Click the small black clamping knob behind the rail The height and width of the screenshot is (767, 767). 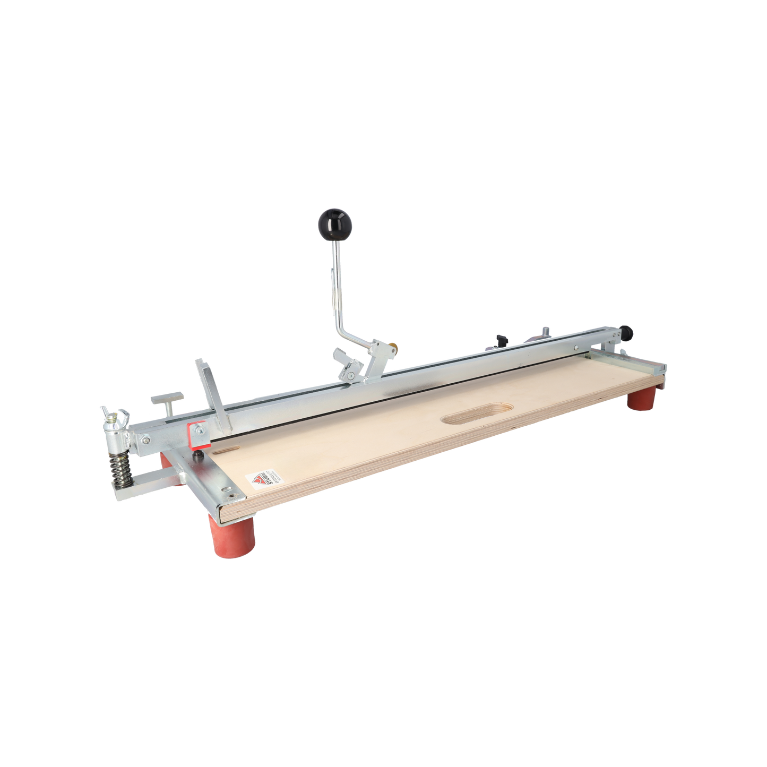tap(501, 338)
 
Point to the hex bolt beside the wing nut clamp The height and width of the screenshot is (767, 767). tap(145, 438)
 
